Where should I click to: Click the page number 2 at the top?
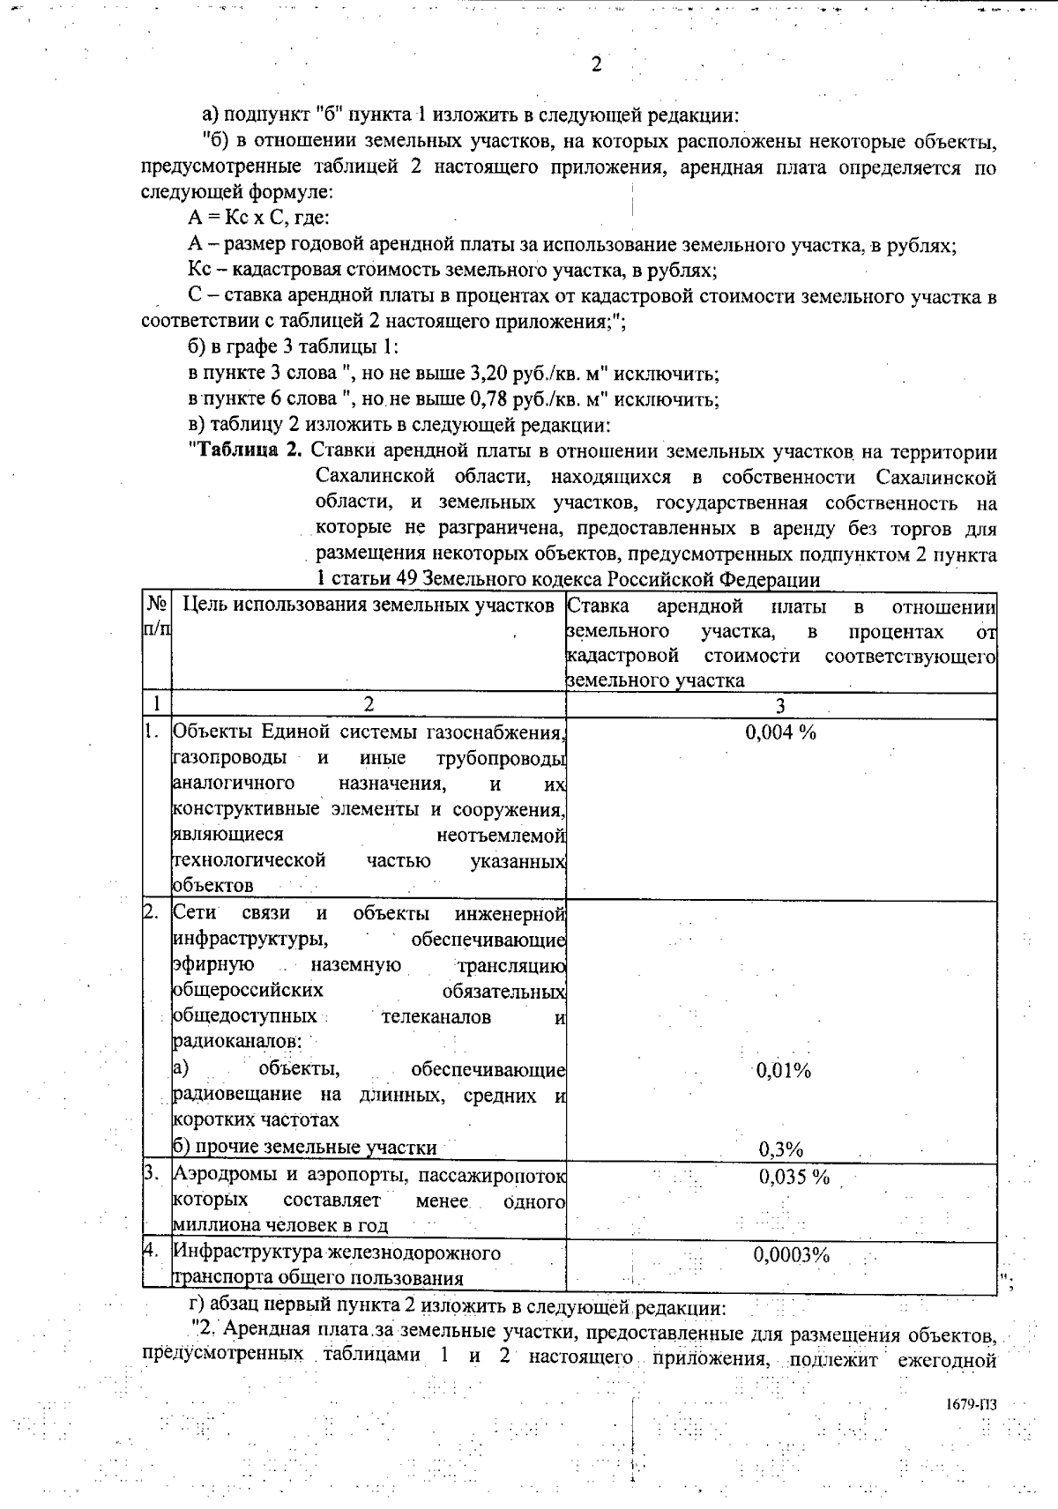click(596, 64)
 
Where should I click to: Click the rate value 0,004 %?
click(780, 732)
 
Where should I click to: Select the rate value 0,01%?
click(784, 1071)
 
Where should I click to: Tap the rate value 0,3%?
click(780, 1148)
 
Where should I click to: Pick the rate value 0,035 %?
click(793, 1177)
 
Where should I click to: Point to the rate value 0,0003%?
click(791, 1254)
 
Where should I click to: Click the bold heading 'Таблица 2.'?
click(246, 452)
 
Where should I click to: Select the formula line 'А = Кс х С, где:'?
click(258, 219)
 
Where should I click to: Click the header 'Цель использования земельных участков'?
click(369, 606)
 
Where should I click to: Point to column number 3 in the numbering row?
click(780, 705)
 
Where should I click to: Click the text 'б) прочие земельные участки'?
click(305, 1147)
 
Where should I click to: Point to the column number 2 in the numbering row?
click(369, 704)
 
